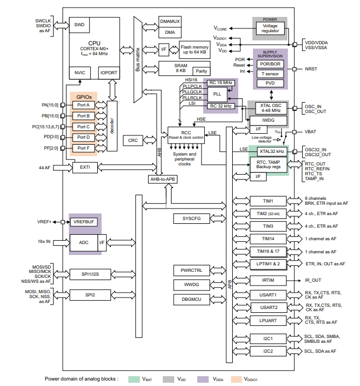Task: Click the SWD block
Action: pos(79,25)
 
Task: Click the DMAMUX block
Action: pos(170,21)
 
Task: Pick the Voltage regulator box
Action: pos(270,28)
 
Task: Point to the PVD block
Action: pos(270,83)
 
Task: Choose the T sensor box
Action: pos(270,73)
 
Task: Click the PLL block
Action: pos(217,94)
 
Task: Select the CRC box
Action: pos(133,140)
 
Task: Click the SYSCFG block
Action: pos(187,218)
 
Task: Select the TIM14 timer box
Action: pos(268,239)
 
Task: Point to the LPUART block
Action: pos(268,320)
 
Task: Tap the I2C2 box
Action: pos(268,351)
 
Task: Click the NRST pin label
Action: pos(311,69)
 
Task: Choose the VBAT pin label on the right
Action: pos(311,132)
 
